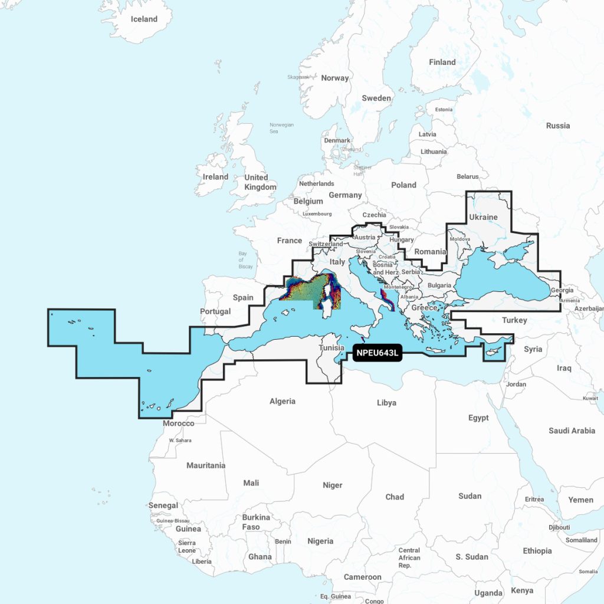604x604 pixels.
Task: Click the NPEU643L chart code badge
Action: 377,353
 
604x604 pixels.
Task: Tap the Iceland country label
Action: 144,19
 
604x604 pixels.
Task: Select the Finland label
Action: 442,62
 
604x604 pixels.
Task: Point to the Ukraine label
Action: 483,217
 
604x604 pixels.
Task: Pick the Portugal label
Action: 215,311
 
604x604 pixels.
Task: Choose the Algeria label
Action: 282,401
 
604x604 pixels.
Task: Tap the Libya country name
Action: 386,403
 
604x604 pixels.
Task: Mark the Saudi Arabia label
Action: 572,431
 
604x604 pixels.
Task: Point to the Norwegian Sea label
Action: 281,128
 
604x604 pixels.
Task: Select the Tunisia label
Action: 331,347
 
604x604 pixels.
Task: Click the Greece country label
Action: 424,307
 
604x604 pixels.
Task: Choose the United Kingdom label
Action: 260,182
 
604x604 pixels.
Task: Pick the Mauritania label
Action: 206,465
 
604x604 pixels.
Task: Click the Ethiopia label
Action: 537,550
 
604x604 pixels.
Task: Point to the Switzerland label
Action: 326,244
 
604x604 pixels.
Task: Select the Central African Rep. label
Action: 409,557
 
